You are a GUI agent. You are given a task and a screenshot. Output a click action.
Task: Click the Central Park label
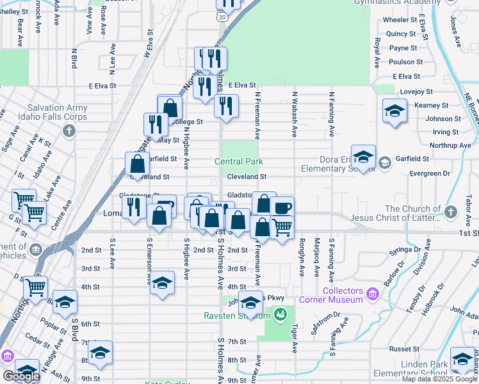coord(239,162)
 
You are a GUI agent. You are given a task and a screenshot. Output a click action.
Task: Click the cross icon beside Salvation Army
coord(70,131)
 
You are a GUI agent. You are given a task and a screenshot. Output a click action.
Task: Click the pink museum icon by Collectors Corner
coord(374,294)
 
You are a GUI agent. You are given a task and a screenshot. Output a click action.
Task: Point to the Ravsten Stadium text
coord(236,316)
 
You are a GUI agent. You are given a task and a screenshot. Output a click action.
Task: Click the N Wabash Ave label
coord(295,114)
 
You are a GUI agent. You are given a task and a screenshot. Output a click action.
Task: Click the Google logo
coord(21,376)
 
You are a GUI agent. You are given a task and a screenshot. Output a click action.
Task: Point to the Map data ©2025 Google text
coord(439,379)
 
